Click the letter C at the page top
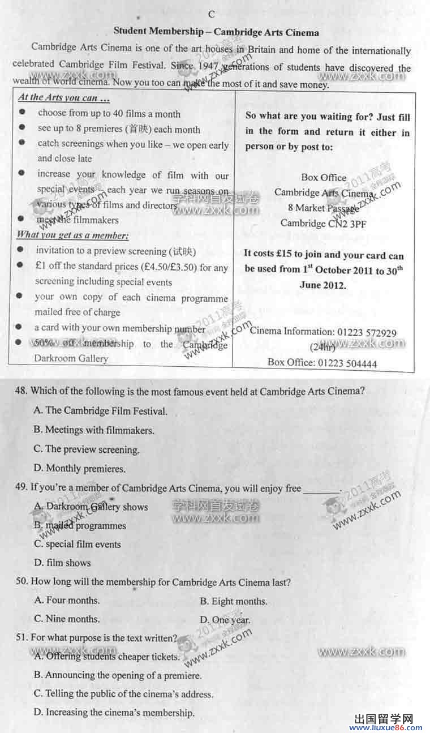pyautogui.click(x=212, y=14)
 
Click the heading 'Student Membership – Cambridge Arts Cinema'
pyautogui.click(x=216, y=32)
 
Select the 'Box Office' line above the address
pyautogui.click(x=324, y=177)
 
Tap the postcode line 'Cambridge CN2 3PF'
pyautogui.click(x=324, y=223)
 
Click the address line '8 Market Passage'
pyautogui.click(x=323, y=208)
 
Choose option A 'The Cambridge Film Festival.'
pyautogui.click(x=101, y=411)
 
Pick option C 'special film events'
pyautogui.click(x=78, y=545)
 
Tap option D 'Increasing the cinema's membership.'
pyautogui.click(x=114, y=713)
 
